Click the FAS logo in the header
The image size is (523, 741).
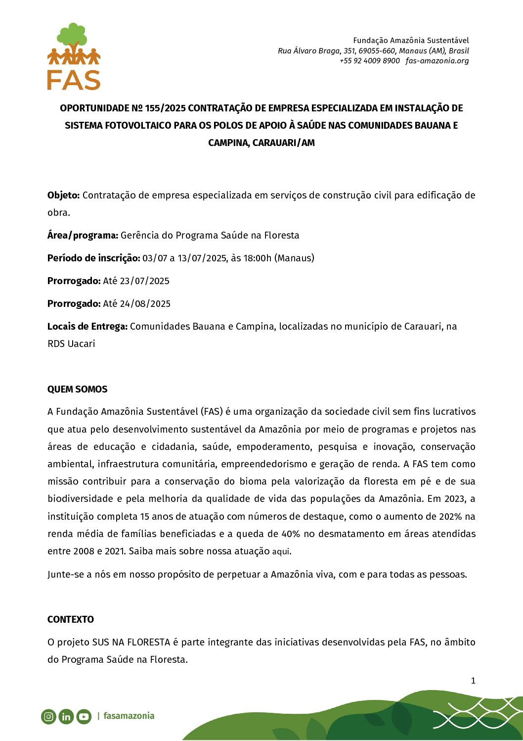tap(74, 56)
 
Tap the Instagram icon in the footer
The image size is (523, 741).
tap(48, 716)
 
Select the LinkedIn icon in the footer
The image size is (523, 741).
tap(66, 716)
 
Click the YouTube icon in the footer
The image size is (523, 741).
tap(84, 716)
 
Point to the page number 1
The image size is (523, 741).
tap(473, 681)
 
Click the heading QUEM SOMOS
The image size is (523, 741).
tap(77, 390)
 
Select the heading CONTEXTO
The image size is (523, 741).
tap(70, 620)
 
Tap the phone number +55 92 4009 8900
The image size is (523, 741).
tap(369, 61)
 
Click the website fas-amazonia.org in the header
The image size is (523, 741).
tap(437, 61)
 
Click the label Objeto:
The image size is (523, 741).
tap(63, 196)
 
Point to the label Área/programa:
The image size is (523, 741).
tap(83, 236)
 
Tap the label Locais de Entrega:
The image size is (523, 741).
tap(87, 327)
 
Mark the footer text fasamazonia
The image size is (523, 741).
tap(129, 716)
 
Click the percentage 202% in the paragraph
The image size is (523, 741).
tap(450, 517)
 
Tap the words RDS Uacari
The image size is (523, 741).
tap(71, 344)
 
